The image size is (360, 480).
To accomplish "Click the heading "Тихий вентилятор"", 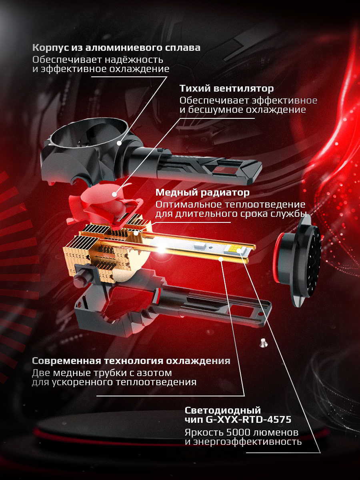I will coord(226,88).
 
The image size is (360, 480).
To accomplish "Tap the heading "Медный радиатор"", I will coord(202,193).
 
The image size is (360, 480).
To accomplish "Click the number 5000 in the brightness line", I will coord(238,433).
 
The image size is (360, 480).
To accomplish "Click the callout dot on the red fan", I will coord(114,194).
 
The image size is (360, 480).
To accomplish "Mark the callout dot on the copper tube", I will coord(220,260).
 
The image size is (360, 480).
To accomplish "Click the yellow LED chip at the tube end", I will coord(239,251).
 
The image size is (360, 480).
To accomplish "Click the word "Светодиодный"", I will coord(222,410).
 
